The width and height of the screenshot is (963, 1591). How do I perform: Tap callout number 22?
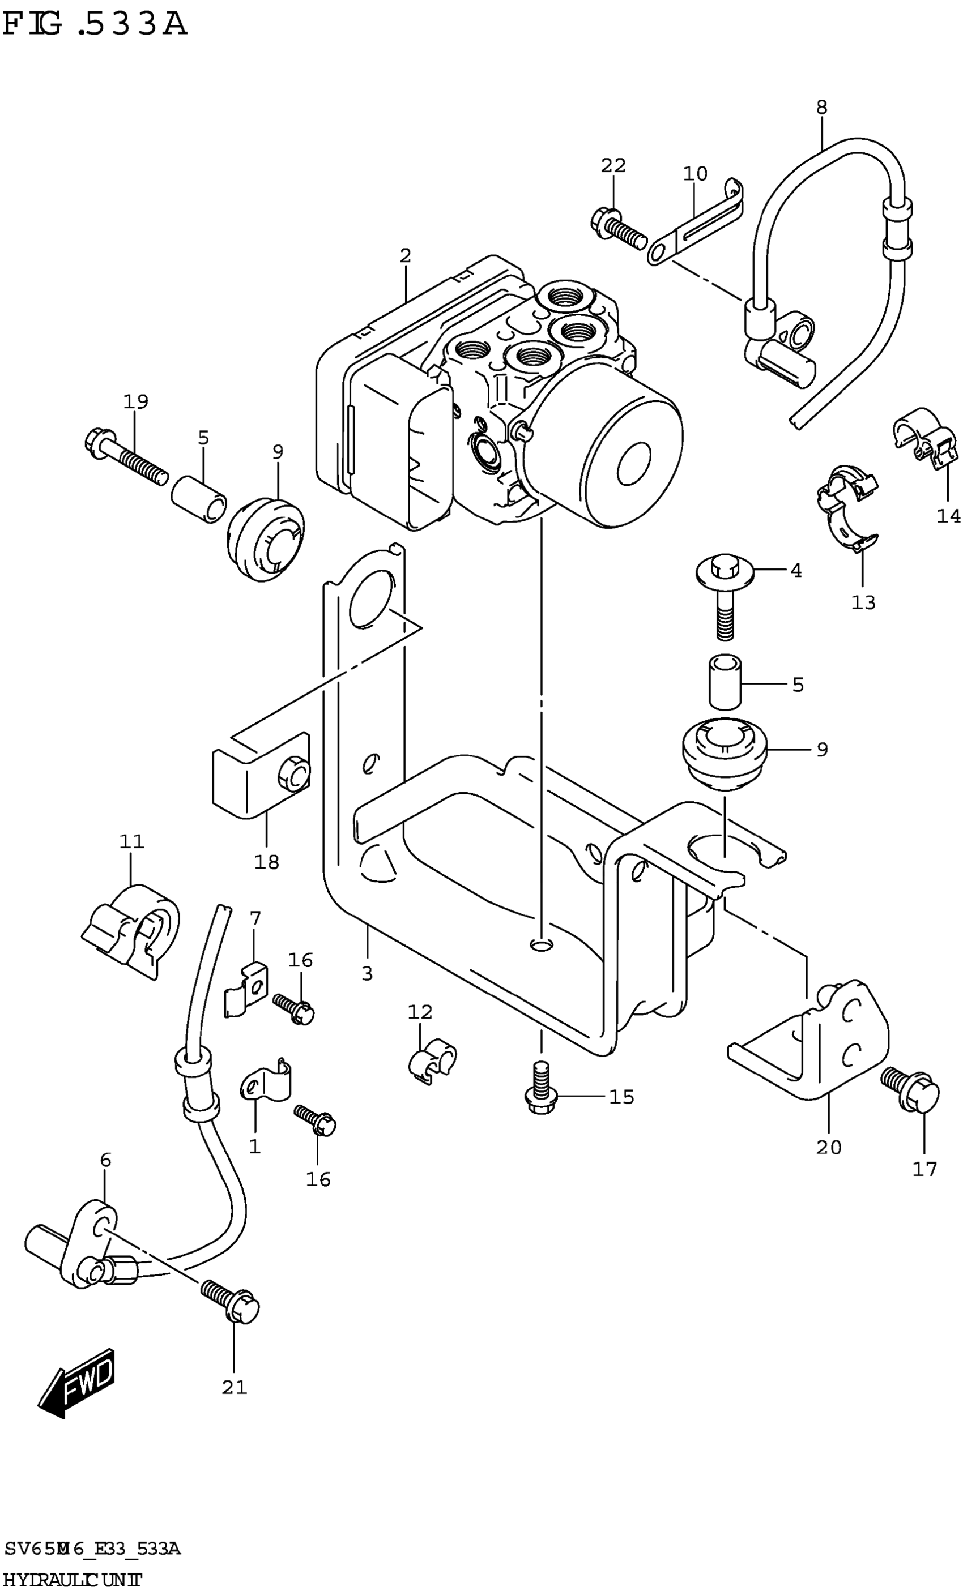(613, 166)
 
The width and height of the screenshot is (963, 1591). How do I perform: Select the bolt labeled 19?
(125, 458)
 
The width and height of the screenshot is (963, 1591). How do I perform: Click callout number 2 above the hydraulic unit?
(405, 256)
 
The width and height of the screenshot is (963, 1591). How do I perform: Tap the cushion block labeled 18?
(262, 778)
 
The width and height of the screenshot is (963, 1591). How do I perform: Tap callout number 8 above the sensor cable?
(821, 107)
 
